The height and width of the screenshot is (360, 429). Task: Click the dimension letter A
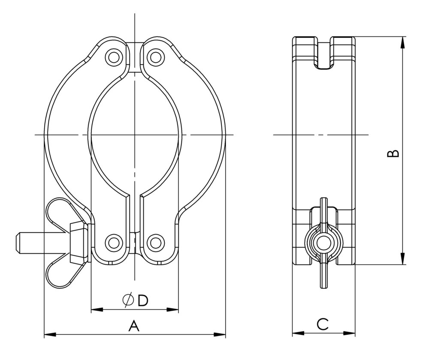[134, 326]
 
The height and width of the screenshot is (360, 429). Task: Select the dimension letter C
[323, 324]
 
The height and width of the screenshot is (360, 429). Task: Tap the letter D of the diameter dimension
[142, 300]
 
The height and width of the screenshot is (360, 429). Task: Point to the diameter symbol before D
[128, 300]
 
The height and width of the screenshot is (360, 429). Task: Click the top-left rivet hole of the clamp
[114, 57]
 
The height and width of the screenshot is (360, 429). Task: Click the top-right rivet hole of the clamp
[155, 57]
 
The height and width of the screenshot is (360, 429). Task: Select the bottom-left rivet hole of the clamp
[113, 242]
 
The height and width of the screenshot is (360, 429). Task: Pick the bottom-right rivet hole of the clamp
[155, 242]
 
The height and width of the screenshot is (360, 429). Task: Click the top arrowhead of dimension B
[402, 43]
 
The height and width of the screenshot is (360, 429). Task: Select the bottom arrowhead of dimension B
[402, 258]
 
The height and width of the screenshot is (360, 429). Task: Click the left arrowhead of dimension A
[50, 334]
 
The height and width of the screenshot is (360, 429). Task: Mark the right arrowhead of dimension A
[220, 334]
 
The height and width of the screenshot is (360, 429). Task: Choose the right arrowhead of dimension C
[349, 333]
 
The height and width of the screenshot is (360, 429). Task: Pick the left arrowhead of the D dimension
[97, 310]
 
